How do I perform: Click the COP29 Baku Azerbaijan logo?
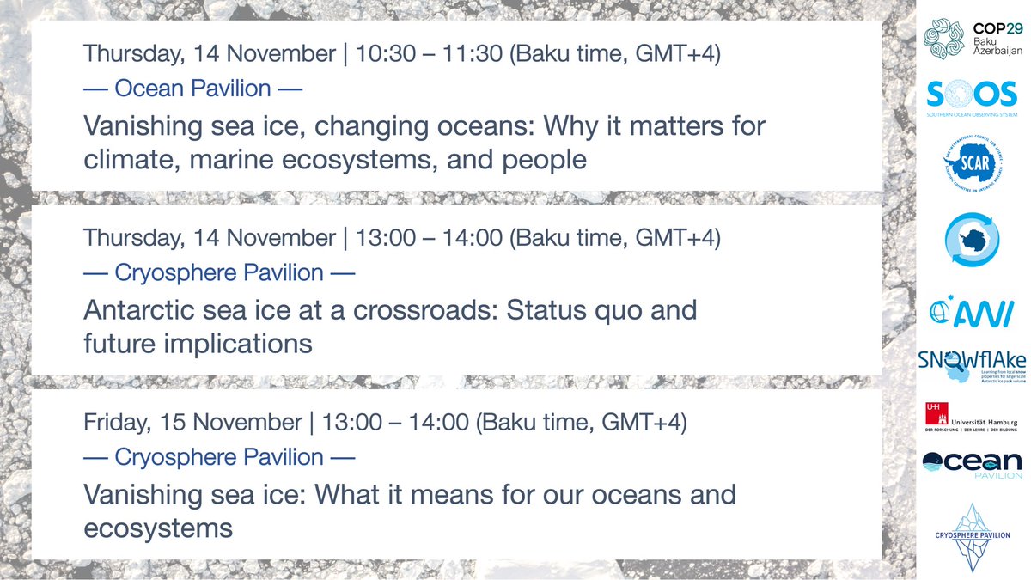point(972,40)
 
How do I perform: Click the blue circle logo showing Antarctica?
point(971,243)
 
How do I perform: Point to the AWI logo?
point(972,310)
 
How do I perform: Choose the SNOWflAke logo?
point(972,365)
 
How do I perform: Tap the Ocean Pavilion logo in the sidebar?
point(972,465)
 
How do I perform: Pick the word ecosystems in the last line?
point(158,528)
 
